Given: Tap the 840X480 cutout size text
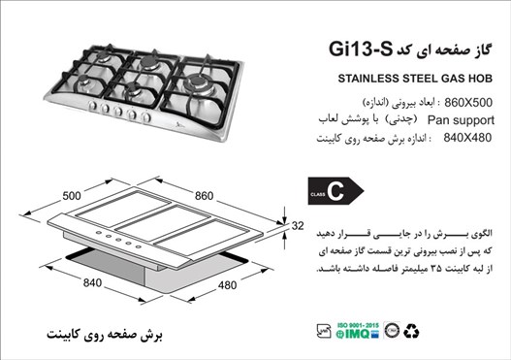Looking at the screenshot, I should (x=466, y=139).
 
